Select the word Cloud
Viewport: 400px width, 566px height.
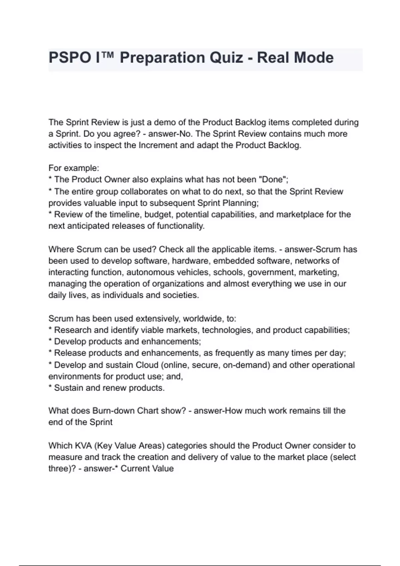click(147, 365)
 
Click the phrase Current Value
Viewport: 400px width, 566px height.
click(147, 469)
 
